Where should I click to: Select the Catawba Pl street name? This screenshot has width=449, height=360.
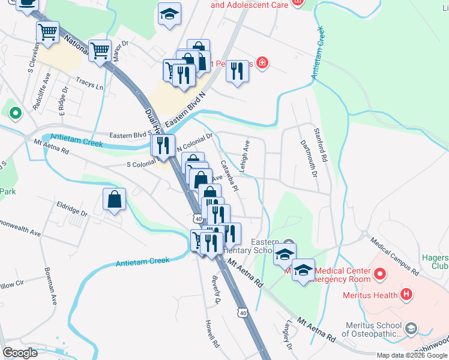click(230, 176)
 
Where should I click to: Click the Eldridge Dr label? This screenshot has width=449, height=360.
click(71, 212)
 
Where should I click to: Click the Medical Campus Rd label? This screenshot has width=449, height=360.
click(394, 254)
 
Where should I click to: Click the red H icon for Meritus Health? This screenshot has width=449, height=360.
click(407, 295)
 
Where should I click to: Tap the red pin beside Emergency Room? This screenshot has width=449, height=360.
click(379, 275)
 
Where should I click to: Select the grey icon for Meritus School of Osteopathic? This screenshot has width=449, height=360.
click(411, 328)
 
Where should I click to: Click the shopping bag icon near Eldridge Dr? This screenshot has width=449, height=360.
click(114, 200)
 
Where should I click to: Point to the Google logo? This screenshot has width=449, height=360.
click(20, 352)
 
